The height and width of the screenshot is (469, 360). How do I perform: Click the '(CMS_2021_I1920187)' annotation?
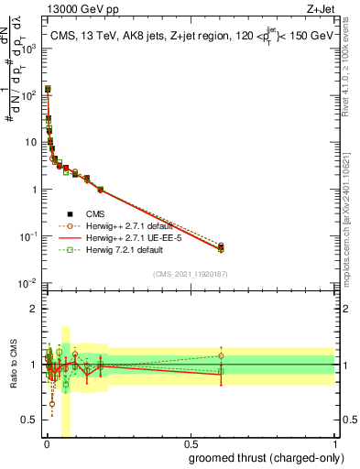tap(190, 273)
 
